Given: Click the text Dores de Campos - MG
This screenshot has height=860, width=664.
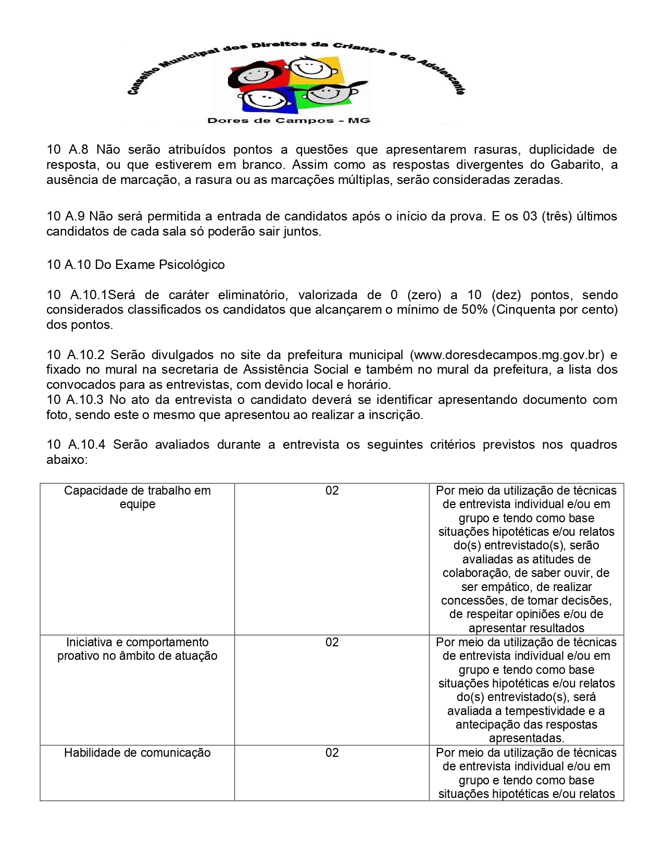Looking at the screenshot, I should pos(289,121).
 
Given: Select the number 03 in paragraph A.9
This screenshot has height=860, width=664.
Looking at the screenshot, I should pos(530,216).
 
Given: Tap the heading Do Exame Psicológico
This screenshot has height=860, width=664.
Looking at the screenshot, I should pos(159,265).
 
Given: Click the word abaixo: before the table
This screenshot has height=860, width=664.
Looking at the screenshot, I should pos(67,460).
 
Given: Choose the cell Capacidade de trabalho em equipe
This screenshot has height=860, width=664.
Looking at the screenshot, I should pos(137,497).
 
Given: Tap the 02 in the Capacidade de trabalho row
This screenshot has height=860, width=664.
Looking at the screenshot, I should pos(332,490).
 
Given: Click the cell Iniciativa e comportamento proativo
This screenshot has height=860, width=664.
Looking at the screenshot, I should pos(137,649).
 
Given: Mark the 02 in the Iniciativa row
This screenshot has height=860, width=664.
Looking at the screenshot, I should pos(332,642).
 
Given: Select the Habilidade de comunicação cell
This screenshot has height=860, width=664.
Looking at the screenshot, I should pos(137,753).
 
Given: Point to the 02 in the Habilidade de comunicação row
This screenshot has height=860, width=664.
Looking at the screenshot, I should pos(332,753).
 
